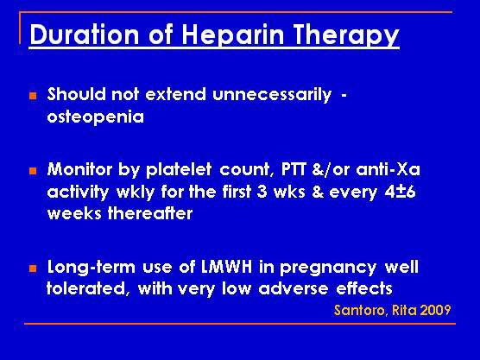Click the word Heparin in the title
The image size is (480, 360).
click(x=232, y=35)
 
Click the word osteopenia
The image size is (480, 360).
click(x=96, y=117)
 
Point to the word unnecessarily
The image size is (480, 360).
click(x=272, y=95)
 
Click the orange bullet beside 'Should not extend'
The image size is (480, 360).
click(x=33, y=96)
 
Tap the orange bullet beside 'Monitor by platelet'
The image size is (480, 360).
click(x=33, y=171)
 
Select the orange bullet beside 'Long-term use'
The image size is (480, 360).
click(x=33, y=268)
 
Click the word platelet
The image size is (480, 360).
click(x=179, y=170)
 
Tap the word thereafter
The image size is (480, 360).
click(x=150, y=213)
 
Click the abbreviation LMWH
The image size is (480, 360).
click(x=227, y=267)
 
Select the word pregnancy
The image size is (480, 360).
click(x=328, y=268)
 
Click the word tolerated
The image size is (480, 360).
click(x=86, y=288)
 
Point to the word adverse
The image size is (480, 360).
click(x=293, y=288)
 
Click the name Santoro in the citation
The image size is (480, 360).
click(x=360, y=310)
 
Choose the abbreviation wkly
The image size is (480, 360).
click(x=135, y=193)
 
